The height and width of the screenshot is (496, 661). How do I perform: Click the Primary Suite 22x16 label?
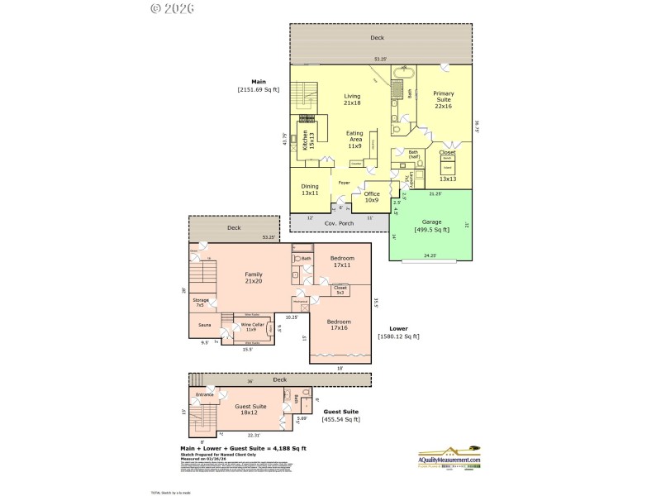[x=444, y=98]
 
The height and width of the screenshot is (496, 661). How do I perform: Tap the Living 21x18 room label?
[x=352, y=99]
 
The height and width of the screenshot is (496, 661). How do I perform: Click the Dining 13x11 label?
[x=310, y=189]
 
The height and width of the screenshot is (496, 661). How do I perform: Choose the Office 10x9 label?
[x=372, y=196]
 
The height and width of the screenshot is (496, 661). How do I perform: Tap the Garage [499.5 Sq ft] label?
[x=433, y=225]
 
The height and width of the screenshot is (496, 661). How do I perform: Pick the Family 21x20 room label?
[x=254, y=277]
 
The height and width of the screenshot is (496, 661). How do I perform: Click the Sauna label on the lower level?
[x=204, y=325]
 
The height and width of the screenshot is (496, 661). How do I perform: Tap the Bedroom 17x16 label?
[x=338, y=324]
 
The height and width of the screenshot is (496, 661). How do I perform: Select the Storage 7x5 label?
[x=199, y=303]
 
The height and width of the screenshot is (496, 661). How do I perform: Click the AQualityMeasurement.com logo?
[x=449, y=455]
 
